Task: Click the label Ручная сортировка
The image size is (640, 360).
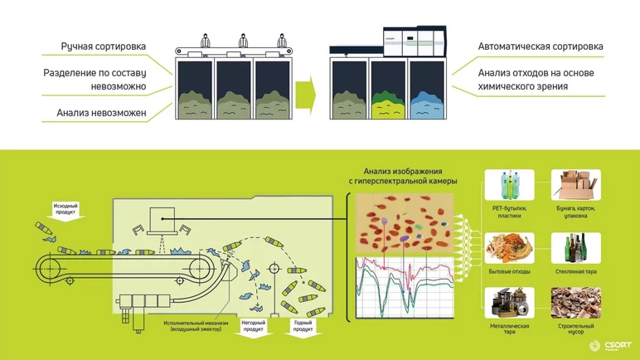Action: pyautogui.click(x=104, y=46)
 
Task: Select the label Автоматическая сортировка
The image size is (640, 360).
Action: pyautogui.click(x=540, y=46)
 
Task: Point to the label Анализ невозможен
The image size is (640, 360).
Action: pyautogui.click(x=101, y=113)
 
